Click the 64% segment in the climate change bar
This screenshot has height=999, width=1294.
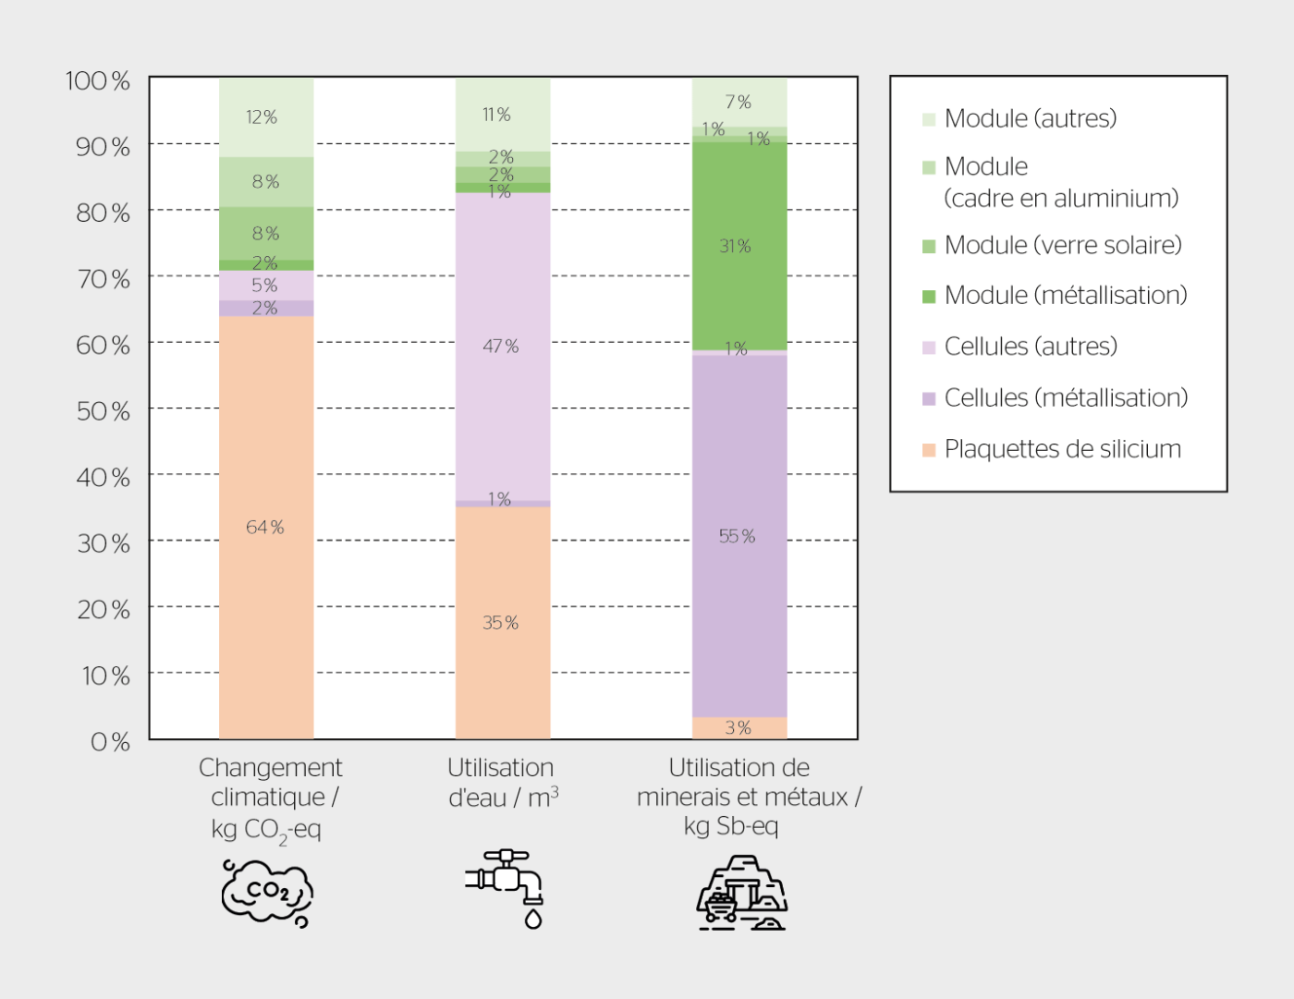tap(265, 527)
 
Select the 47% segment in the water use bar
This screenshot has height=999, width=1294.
tap(502, 347)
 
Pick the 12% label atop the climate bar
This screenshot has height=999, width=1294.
tap(262, 117)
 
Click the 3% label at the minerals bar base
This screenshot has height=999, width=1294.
tap(738, 728)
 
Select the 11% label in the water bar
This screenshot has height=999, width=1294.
tap(496, 115)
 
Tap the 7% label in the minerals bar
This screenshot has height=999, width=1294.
tap(738, 102)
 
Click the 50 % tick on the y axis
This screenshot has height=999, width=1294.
tap(103, 411)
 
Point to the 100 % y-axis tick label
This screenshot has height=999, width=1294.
tap(97, 81)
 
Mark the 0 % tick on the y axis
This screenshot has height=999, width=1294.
tap(109, 742)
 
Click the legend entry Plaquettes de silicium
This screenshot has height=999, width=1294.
tap(1062, 450)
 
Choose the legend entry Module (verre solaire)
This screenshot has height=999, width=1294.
tap(1062, 246)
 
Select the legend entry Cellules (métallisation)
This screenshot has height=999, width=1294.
tap(1065, 398)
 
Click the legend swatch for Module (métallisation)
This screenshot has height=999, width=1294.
tap(929, 297)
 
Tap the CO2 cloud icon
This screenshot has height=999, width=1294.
tap(267, 893)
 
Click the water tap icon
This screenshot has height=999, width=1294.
tap(507, 886)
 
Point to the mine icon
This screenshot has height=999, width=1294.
tap(741, 893)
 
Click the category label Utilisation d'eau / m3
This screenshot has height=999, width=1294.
tap(502, 783)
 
